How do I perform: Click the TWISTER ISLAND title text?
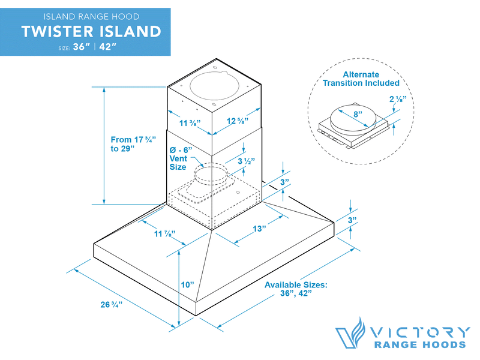pyautogui.click(x=91, y=31)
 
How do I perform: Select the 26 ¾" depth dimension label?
pyautogui.click(x=112, y=304)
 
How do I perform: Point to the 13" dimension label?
pyautogui.click(x=259, y=229)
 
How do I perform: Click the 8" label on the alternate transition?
pyautogui.click(x=357, y=114)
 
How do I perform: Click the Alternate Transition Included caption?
pyautogui.click(x=361, y=79)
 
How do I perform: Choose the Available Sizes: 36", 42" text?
pyautogui.click(x=296, y=289)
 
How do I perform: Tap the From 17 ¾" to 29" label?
pyautogui.click(x=133, y=144)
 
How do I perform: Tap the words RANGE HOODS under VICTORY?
pyautogui.click(x=420, y=345)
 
